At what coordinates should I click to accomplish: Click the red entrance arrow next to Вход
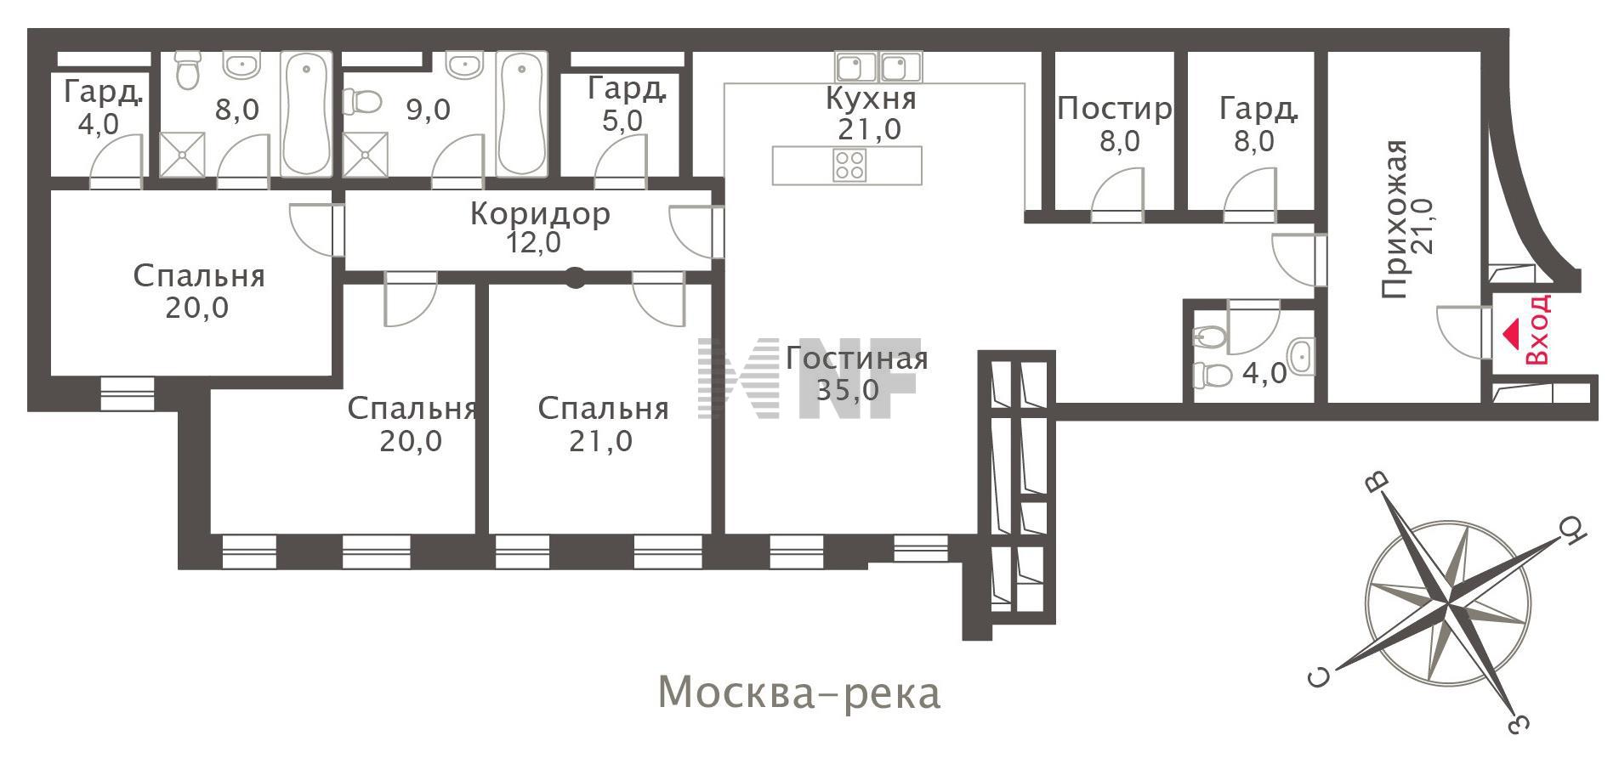click(1509, 333)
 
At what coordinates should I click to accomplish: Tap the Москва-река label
click(799, 693)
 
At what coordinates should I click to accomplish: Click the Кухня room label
click(871, 99)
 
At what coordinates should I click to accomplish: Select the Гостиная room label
click(856, 358)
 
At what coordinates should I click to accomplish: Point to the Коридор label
click(540, 213)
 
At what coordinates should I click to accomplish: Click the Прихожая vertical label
click(1395, 219)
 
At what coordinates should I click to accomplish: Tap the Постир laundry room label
click(1115, 109)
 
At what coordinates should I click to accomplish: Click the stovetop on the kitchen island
click(849, 164)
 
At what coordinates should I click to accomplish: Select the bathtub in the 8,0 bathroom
click(306, 114)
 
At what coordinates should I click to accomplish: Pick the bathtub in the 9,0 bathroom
click(522, 114)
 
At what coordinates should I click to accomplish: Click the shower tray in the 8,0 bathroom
click(183, 154)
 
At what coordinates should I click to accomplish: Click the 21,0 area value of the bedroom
click(601, 442)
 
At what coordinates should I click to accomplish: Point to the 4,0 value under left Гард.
click(99, 124)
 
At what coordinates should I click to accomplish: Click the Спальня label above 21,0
click(603, 410)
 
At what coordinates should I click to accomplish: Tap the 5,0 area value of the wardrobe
click(622, 121)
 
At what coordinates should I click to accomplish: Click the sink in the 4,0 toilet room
click(1302, 356)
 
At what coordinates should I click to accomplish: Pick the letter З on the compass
click(1518, 723)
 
